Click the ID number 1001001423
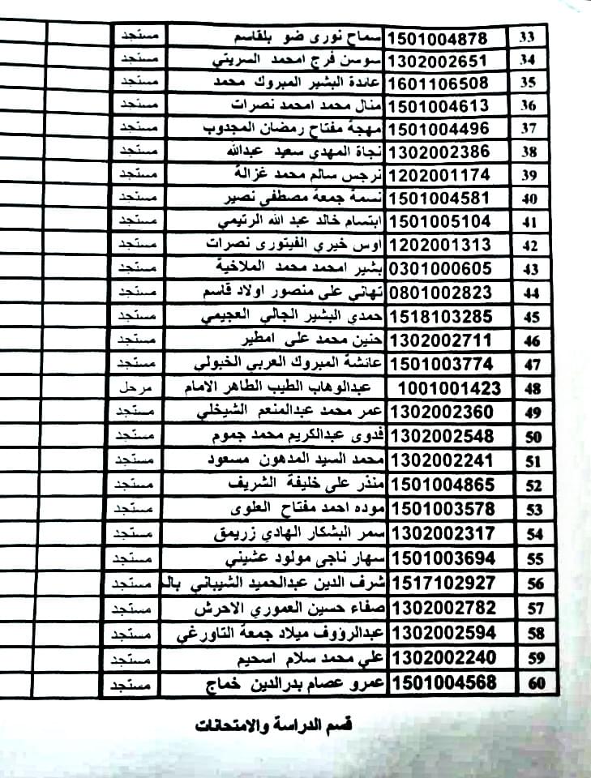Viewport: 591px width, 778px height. click(x=451, y=388)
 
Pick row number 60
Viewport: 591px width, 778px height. click(x=537, y=683)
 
